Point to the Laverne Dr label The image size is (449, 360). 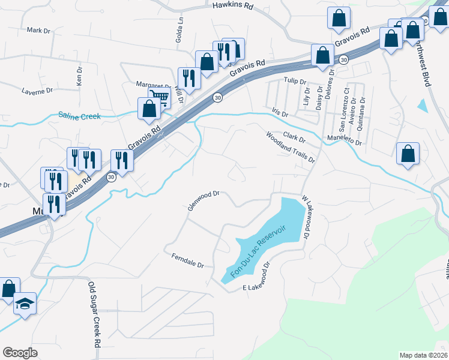(38, 92)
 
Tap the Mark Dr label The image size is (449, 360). (38, 29)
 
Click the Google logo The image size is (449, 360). (20, 352)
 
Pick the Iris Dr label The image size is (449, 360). (280, 113)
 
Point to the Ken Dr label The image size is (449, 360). (79, 74)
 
